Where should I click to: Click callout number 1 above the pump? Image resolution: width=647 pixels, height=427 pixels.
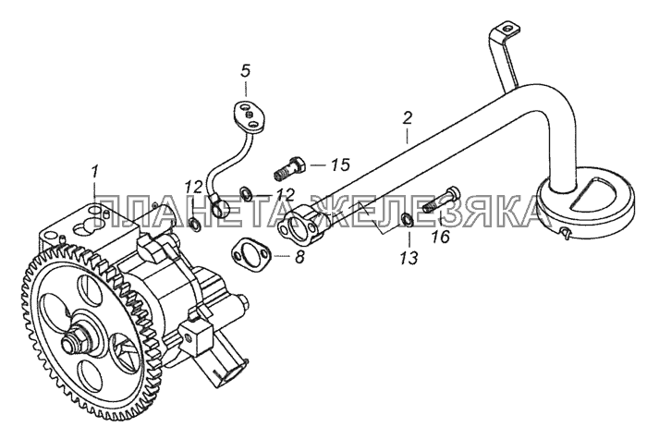pyautogui.click(x=93, y=169)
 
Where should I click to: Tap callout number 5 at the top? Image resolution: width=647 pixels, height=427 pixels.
pyautogui.click(x=246, y=69)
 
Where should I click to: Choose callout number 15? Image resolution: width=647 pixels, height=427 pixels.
pyautogui.click(x=341, y=165)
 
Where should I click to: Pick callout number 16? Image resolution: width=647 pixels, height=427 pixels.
pyautogui.click(x=441, y=238)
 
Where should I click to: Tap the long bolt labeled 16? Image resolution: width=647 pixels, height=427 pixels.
pyautogui.click(x=438, y=201)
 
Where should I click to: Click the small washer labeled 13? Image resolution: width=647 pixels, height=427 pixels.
pyautogui.click(x=407, y=220)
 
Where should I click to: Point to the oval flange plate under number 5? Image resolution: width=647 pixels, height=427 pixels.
pyautogui.click(x=245, y=110)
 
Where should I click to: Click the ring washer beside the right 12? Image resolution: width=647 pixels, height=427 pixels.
pyautogui.click(x=245, y=194)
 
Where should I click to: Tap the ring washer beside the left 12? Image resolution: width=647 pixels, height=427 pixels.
pyautogui.click(x=196, y=224)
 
